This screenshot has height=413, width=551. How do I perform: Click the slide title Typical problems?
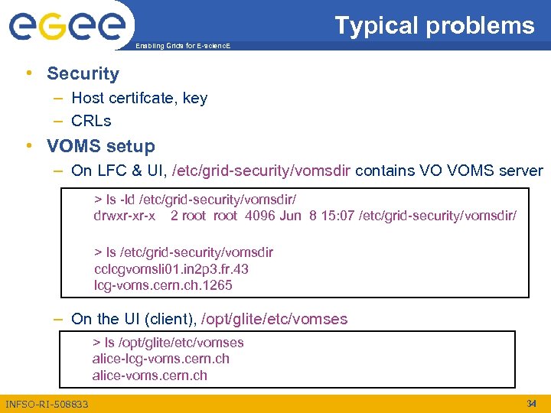tap(434, 25)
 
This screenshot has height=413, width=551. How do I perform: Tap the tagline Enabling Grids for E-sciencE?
tap(182, 47)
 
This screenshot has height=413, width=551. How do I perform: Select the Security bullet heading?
tap(83, 73)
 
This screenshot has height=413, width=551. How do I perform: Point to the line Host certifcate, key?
tap(139, 98)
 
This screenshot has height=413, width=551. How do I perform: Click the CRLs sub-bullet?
tap(91, 121)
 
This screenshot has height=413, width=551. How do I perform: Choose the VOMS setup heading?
tap(100, 145)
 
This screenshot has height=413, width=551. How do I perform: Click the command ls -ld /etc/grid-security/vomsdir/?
tap(195, 199)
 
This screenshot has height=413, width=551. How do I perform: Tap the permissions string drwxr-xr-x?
tap(124, 216)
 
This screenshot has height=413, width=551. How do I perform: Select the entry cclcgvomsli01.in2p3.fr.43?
tap(171, 269)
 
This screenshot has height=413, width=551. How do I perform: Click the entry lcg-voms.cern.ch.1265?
tap(163, 285)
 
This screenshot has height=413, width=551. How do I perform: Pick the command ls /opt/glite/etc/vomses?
tap(168, 342)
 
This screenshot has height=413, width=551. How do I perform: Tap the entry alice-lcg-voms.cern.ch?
tap(161, 359)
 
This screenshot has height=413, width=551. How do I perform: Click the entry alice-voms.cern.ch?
tap(149, 376)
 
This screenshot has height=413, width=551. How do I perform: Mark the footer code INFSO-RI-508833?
tap(47, 404)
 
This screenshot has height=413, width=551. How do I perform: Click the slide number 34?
tap(532, 403)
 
